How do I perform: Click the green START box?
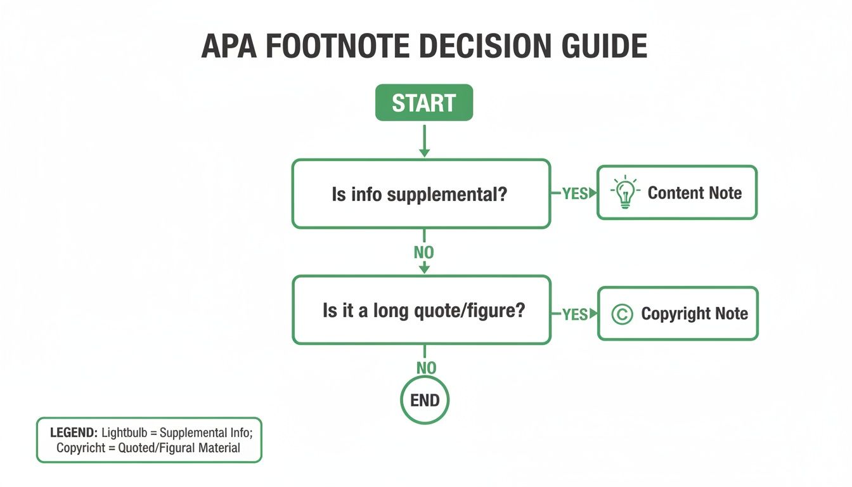(424, 103)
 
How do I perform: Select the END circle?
(425, 400)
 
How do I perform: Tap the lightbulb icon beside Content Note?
(625, 193)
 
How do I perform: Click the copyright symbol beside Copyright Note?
(623, 314)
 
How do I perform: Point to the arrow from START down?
(424, 140)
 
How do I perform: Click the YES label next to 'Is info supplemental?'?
(574, 193)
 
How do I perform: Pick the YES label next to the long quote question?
(574, 314)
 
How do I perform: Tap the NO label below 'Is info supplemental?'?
(424, 252)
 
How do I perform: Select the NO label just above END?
(426, 368)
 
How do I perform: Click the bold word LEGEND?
(74, 433)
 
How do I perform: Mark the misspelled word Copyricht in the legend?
(80, 448)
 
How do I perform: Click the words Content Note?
(694, 193)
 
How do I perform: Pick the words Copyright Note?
(694, 314)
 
